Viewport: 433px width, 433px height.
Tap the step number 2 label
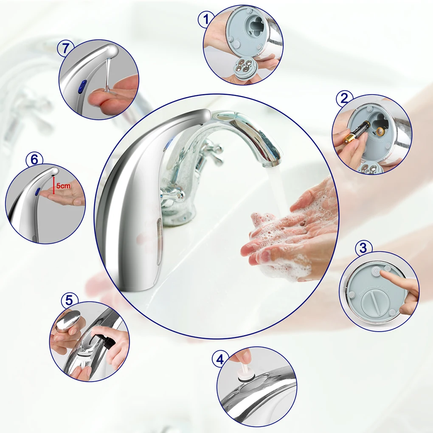[344, 98]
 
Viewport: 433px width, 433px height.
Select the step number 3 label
[363, 248]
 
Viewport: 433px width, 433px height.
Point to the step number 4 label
[220, 360]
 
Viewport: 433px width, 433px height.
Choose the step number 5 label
[69, 300]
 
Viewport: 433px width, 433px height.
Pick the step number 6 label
[34, 159]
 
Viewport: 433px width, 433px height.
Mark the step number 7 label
[65, 48]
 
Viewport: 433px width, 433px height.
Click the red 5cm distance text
[64, 186]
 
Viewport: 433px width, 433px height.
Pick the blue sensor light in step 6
[38, 192]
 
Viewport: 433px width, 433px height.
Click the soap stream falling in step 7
[108, 74]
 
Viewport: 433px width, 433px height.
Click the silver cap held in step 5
[67, 320]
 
